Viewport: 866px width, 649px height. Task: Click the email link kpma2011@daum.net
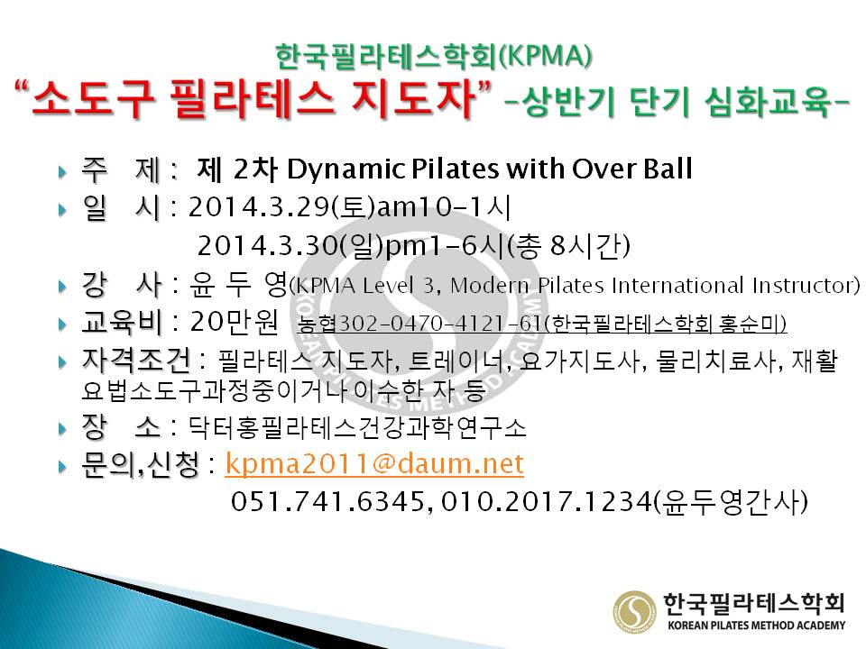[373, 463]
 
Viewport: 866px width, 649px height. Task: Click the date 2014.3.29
[259, 207]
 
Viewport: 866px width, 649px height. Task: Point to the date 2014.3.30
[267, 245]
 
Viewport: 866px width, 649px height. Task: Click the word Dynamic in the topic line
[345, 169]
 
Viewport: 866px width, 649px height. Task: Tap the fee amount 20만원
[235, 322]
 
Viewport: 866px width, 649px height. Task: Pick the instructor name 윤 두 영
[238, 284]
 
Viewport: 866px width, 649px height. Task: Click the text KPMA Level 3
[364, 286]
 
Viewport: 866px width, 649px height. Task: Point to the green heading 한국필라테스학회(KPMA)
[434, 57]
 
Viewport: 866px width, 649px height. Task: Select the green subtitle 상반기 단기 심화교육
[677, 102]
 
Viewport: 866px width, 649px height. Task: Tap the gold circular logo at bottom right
[635, 611]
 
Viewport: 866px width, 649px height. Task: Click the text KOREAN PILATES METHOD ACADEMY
[756, 626]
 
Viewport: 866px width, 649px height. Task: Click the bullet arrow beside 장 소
[62, 429]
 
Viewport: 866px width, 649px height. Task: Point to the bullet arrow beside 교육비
[62, 324]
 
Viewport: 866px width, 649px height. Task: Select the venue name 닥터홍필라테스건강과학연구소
[357, 428]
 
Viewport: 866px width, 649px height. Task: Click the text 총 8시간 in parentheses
[568, 246]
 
